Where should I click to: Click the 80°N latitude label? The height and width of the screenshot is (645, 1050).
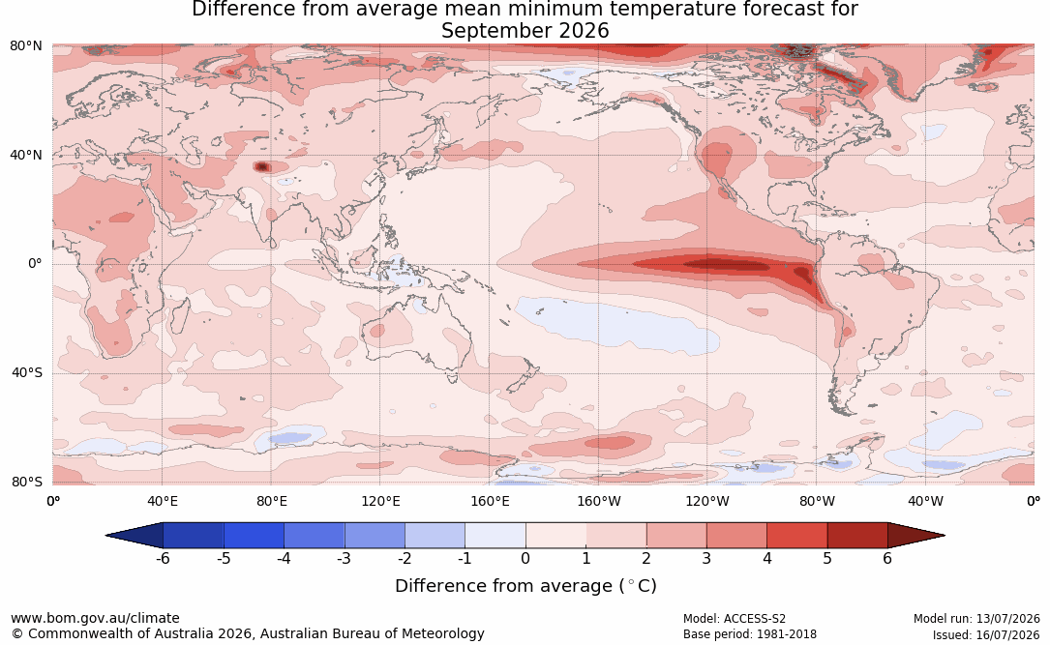coord(25,46)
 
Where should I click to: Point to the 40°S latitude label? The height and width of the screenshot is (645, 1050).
coord(26,372)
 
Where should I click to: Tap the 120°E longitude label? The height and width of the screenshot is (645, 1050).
coord(380,501)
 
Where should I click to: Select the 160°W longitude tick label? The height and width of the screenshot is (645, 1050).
coord(599,501)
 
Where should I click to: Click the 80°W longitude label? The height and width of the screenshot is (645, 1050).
coord(817,501)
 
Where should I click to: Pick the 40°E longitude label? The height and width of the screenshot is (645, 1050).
coord(162,501)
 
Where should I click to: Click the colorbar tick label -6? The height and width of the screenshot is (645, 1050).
coord(163,558)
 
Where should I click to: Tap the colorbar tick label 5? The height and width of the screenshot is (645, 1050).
coord(827,558)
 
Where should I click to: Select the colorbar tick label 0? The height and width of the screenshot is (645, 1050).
coord(525,558)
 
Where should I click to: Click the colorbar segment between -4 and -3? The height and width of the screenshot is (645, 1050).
coord(315,536)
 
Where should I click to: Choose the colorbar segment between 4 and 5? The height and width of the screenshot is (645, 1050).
coord(796,536)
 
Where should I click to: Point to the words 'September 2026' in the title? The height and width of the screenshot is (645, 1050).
coord(525,31)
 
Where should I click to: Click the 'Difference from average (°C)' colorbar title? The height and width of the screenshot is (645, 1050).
coord(525,586)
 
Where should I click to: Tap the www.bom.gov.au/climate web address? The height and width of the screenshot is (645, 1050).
coord(95,618)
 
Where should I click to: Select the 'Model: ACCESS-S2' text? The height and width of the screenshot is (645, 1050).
coord(734,619)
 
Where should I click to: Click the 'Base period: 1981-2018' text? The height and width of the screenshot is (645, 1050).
coord(749,634)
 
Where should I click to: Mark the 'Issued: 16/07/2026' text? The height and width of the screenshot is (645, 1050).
coord(986,634)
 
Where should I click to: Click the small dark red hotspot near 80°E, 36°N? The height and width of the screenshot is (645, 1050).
coord(262,166)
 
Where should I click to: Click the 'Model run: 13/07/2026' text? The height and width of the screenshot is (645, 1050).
coord(976,619)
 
